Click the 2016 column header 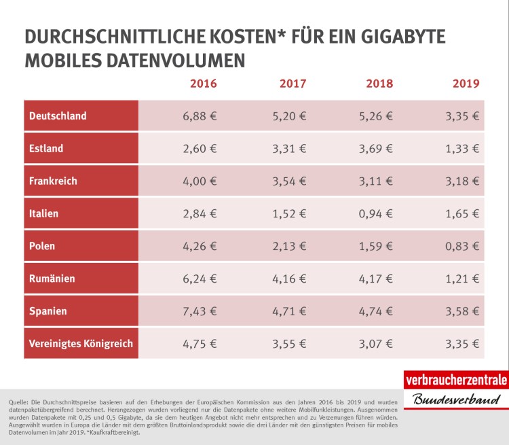203,84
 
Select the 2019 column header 466,84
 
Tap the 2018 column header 379,84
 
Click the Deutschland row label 58,116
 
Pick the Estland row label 46,149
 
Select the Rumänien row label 52,279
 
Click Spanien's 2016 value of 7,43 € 200,311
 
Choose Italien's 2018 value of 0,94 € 375,213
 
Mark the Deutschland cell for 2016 200,116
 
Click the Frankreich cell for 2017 289,181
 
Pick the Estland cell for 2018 375,149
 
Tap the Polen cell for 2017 289,246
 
